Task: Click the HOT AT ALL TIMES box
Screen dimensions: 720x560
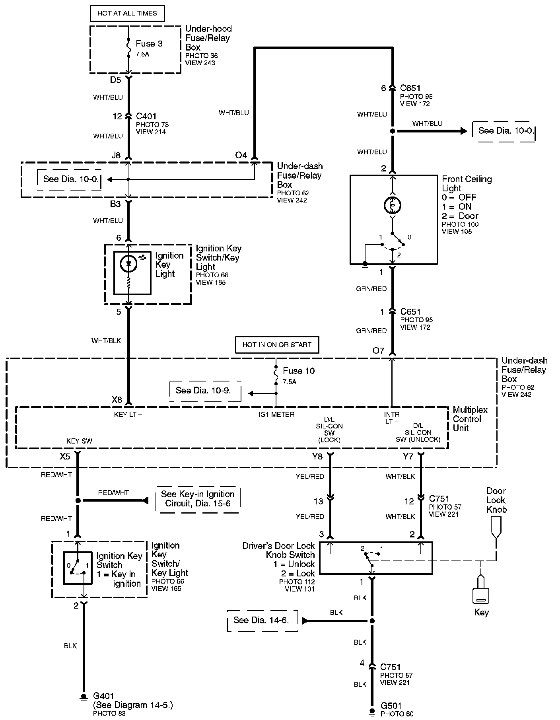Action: pyautogui.click(x=127, y=13)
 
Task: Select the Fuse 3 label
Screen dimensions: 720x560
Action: pyautogui.click(x=149, y=43)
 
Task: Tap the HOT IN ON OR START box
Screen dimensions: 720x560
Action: pyautogui.click(x=277, y=345)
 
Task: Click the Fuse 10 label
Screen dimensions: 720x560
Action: pyautogui.click(x=299, y=371)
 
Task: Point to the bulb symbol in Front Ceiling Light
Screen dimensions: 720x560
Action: pyautogui.click(x=392, y=205)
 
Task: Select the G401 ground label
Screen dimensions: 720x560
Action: pyautogui.click(x=103, y=695)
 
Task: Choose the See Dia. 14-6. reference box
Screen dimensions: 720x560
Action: pyautogui.click(x=261, y=620)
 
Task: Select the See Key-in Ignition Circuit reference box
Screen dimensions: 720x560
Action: pyautogui.click(x=198, y=498)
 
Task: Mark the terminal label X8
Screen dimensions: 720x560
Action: pyautogui.click(x=117, y=400)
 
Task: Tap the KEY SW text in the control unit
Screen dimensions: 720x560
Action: pyautogui.click(x=79, y=441)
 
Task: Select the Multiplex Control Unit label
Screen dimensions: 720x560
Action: pyautogui.click(x=470, y=419)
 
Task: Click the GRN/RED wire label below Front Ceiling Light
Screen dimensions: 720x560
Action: pyautogui.click(x=371, y=289)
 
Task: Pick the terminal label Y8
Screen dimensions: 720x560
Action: pyautogui.click(x=317, y=456)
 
